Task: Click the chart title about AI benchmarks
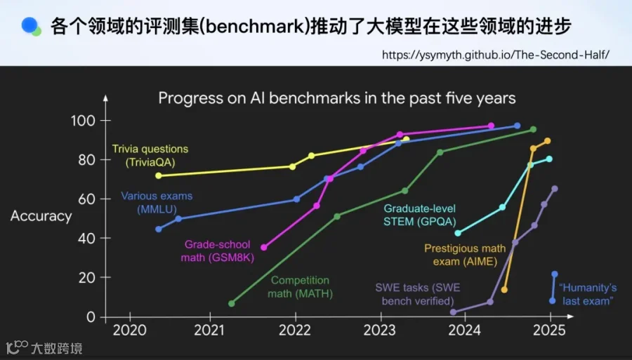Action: pos(337,98)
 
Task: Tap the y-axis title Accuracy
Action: pos(41,216)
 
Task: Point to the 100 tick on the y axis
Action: pos(83,121)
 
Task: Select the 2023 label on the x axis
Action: pos(380,331)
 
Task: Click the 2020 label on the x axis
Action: pos(129,331)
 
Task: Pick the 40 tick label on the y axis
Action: pos(86,238)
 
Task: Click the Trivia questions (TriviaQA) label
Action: pos(150,155)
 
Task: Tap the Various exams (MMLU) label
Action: pos(157,203)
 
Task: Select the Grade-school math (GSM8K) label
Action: pos(217,251)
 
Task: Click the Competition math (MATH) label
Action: pos(301,287)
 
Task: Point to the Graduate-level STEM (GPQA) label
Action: pos(420,215)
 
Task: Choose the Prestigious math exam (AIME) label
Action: pos(465,255)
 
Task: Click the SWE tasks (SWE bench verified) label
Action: pos(418,294)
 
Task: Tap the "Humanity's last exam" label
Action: pos(588,294)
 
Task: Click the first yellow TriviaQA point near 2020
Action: pos(159,175)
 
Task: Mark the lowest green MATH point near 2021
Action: pos(231,303)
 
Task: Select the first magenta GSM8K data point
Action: pos(263,247)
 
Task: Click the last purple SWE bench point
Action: pos(555,189)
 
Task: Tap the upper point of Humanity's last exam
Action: pos(555,274)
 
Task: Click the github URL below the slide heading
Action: pos(496,55)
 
